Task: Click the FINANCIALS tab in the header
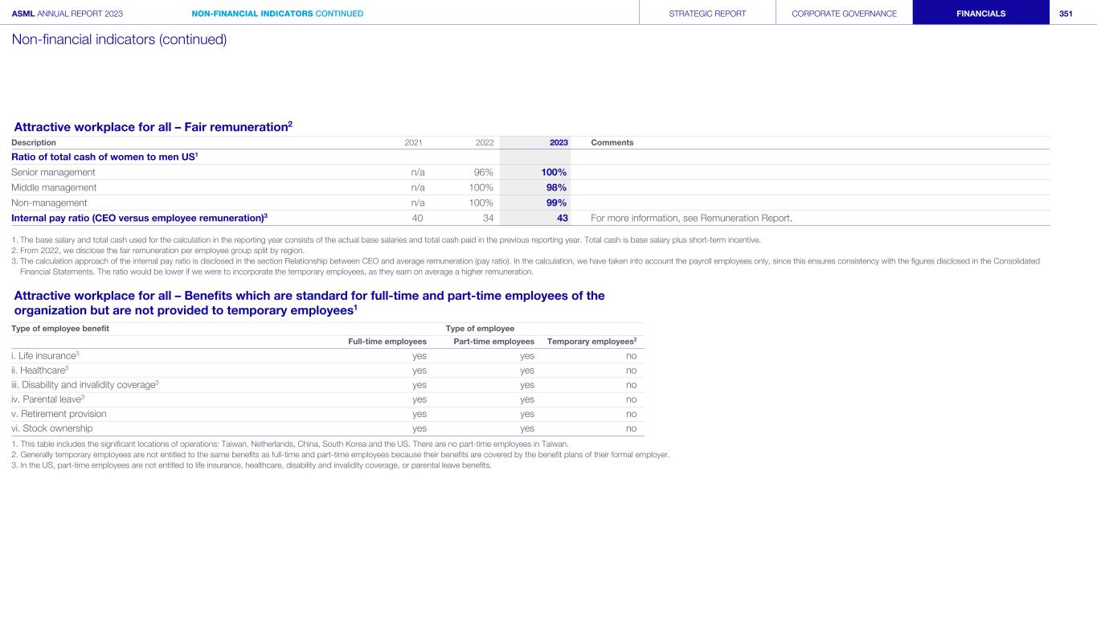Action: (980, 13)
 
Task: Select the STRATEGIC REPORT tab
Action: (707, 13)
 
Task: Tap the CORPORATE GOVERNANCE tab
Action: (844, 13)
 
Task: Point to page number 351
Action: (1066, 13)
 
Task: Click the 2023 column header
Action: (559, 142)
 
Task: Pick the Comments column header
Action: (612, 142)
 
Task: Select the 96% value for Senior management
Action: (483, 172)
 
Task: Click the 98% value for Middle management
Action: (556, 187)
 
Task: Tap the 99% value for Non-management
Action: (556, 203)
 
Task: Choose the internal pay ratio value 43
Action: (562, 218)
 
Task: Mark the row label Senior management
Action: (53, 172)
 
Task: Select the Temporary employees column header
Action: (591, 342)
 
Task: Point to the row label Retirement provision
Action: (59, 414)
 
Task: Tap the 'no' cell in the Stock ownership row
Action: (631, 428)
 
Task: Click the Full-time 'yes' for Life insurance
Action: (419, 355)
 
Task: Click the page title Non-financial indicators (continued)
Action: (119, 39)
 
